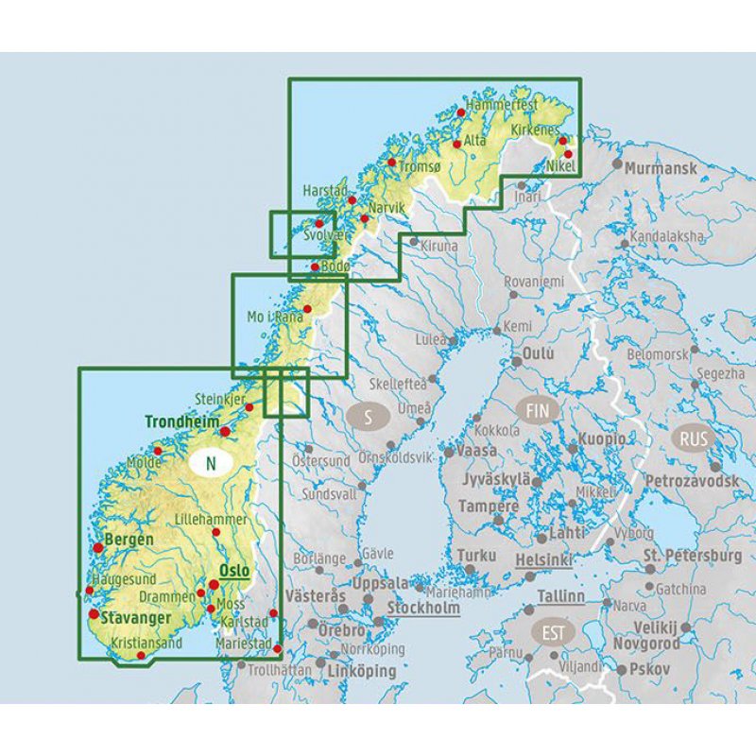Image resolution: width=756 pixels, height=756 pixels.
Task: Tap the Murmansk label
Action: (661, 169)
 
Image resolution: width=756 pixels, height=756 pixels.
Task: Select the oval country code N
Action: (212, 463)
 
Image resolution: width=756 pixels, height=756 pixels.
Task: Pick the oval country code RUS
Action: (694, 438)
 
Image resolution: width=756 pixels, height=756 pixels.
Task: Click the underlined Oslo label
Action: (233, 572)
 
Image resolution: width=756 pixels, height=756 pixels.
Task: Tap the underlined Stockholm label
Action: (423, 609)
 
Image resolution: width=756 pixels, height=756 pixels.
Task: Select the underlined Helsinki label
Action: (545, 560)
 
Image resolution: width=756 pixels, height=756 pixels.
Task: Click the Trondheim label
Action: (182, 421)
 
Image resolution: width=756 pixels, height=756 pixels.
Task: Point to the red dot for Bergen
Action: (98, 547)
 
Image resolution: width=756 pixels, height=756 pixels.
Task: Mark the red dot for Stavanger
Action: (94, 614)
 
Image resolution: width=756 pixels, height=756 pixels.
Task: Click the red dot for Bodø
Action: (315, 267)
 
